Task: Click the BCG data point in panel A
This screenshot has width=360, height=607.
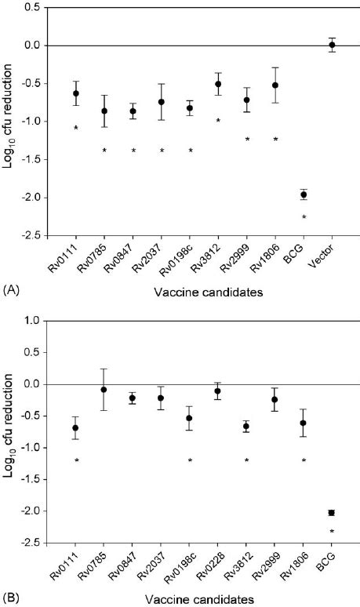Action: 304,194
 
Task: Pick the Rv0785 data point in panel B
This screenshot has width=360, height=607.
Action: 104,390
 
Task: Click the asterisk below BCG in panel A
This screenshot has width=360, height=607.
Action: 304,217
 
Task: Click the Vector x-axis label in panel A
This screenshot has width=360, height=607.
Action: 329,260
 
